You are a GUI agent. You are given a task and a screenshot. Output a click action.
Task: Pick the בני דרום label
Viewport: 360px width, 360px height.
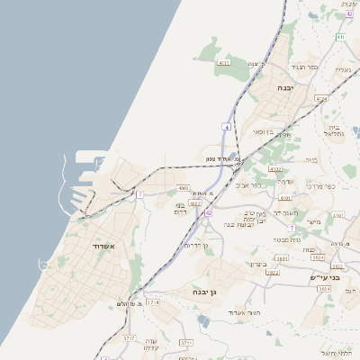point(178,208)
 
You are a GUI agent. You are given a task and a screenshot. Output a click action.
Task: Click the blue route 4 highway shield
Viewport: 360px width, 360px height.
point(228,128)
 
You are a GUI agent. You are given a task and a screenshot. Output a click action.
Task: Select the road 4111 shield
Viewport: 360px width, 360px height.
point(225,63)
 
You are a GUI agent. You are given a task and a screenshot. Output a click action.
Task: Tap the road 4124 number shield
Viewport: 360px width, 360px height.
point(322,98)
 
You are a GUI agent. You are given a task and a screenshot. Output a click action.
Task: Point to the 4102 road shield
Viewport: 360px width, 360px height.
point(275,169)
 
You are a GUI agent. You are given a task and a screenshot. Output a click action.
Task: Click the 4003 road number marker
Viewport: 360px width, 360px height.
point(184,188)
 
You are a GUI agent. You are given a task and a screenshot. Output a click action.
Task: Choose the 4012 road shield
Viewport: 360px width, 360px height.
point(195,203)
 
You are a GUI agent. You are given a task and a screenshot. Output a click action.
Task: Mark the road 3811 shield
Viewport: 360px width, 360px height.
point(283,258)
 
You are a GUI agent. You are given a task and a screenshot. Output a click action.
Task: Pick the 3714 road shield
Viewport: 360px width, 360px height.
point(154,302)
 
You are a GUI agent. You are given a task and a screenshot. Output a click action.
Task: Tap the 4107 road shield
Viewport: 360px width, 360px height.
point(284,198)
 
